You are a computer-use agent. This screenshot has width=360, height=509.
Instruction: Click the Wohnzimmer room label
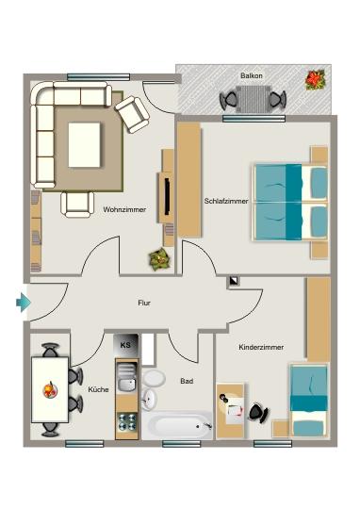coord(123,209)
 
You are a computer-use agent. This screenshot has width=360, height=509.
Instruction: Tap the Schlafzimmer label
coord(226,201)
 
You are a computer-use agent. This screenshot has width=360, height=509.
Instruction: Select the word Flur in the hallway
coord(144,303)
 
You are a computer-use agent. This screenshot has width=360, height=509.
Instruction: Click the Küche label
coord(98,388)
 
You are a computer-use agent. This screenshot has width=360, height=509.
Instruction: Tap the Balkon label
coord(252,74)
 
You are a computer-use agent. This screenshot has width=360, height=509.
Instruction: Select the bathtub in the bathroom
coord(179,426)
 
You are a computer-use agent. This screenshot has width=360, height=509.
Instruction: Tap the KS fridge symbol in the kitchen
coord(126,345)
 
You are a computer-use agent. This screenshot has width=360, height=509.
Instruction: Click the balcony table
coord(252,98)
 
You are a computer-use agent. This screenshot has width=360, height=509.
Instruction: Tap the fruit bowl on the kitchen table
coord(47,387)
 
